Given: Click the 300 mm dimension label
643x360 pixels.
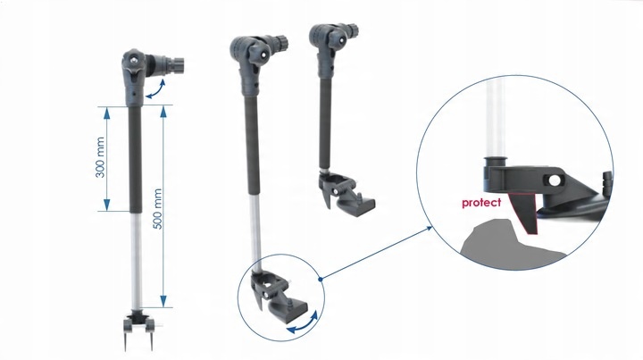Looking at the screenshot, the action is tap(100, 157).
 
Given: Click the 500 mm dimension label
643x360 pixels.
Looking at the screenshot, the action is tap(157, 209).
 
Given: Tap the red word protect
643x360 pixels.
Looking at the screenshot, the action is tap(481, 203).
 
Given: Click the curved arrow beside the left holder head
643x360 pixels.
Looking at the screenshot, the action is tap(155, 90).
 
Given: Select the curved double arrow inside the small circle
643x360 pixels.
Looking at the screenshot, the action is tap(303, 324).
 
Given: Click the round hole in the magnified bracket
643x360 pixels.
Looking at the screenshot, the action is tap(555, 180).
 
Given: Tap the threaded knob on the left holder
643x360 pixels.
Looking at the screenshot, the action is tap(176, 64).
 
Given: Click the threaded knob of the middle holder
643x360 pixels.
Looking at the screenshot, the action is tap(281, 42).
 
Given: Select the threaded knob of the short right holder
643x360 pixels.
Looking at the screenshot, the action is tap(352, 30).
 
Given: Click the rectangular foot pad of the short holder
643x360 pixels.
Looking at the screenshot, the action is tap(363, 204).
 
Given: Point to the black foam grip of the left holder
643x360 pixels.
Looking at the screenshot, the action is tap(136, 160).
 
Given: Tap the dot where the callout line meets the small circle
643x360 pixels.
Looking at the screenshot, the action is tap(321, 279).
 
